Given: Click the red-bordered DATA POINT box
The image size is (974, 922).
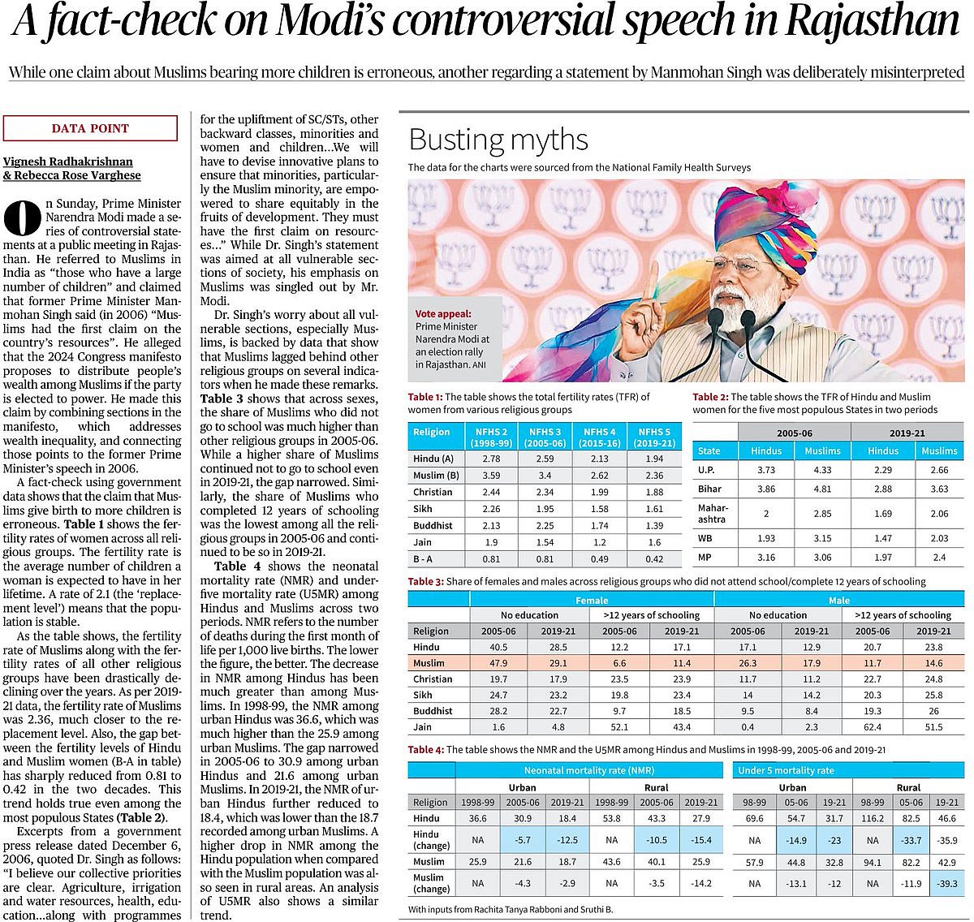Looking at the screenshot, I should pos(90,128).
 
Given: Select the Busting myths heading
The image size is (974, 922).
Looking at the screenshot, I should pos(498,140).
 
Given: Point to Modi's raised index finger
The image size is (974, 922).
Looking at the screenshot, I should pos(651,281).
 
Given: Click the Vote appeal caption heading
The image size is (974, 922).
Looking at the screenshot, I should pos(442,313).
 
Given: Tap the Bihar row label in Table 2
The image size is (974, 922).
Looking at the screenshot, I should pos(710,489).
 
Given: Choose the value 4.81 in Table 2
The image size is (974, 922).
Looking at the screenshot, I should pos(822,489).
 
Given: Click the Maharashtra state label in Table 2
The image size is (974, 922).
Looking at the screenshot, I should pos(713,513).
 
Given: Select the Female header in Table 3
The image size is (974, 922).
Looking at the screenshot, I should pos(591,600).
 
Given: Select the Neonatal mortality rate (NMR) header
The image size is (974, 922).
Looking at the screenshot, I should pos(588,770).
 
